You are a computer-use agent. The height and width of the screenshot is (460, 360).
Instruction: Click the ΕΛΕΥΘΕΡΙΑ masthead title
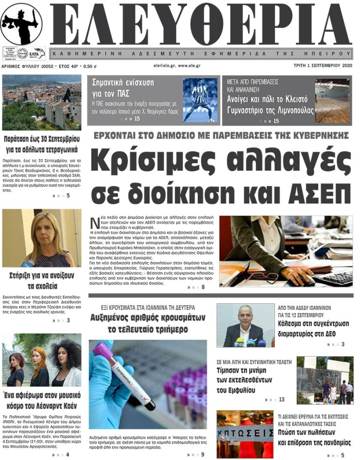(x=199, y=24)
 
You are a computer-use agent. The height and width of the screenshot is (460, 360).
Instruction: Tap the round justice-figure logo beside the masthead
(x=21, y=24)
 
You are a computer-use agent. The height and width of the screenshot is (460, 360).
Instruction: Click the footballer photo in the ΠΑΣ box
(x=200, y=100)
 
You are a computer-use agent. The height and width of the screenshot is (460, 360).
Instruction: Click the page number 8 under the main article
(x=203, y=288)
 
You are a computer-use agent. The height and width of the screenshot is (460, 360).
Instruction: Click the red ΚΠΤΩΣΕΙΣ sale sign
(x=238, y=432)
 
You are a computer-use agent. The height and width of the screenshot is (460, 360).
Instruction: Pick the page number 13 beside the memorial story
(x=282, y=399)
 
